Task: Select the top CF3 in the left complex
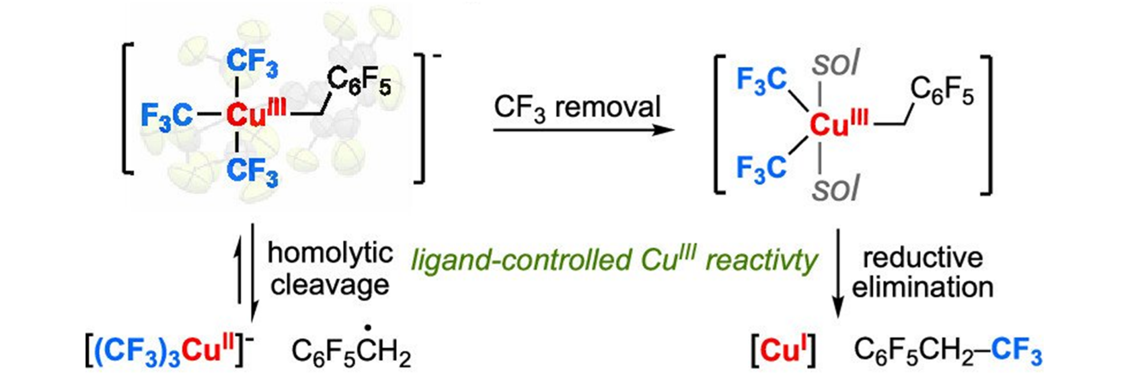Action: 252,62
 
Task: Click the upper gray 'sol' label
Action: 835,64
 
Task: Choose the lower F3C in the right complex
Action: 762,168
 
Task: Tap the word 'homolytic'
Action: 330,253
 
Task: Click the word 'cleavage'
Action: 330,285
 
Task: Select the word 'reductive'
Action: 923,258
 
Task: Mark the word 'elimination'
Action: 923,287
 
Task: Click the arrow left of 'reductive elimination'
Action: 838,273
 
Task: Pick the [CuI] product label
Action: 783,351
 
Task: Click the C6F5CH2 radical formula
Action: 351,351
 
